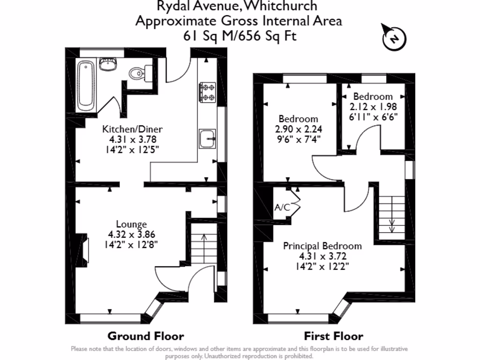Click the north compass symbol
pos(395,38)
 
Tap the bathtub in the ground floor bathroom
pos(86,85)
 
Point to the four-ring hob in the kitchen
pos(207,92)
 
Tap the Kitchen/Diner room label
pos(133,129)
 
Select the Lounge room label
pos(131,225)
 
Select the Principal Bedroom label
pos(322,246)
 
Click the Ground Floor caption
pos(146,336)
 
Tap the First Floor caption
pos(333,336)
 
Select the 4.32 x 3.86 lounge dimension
pos(132,234)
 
